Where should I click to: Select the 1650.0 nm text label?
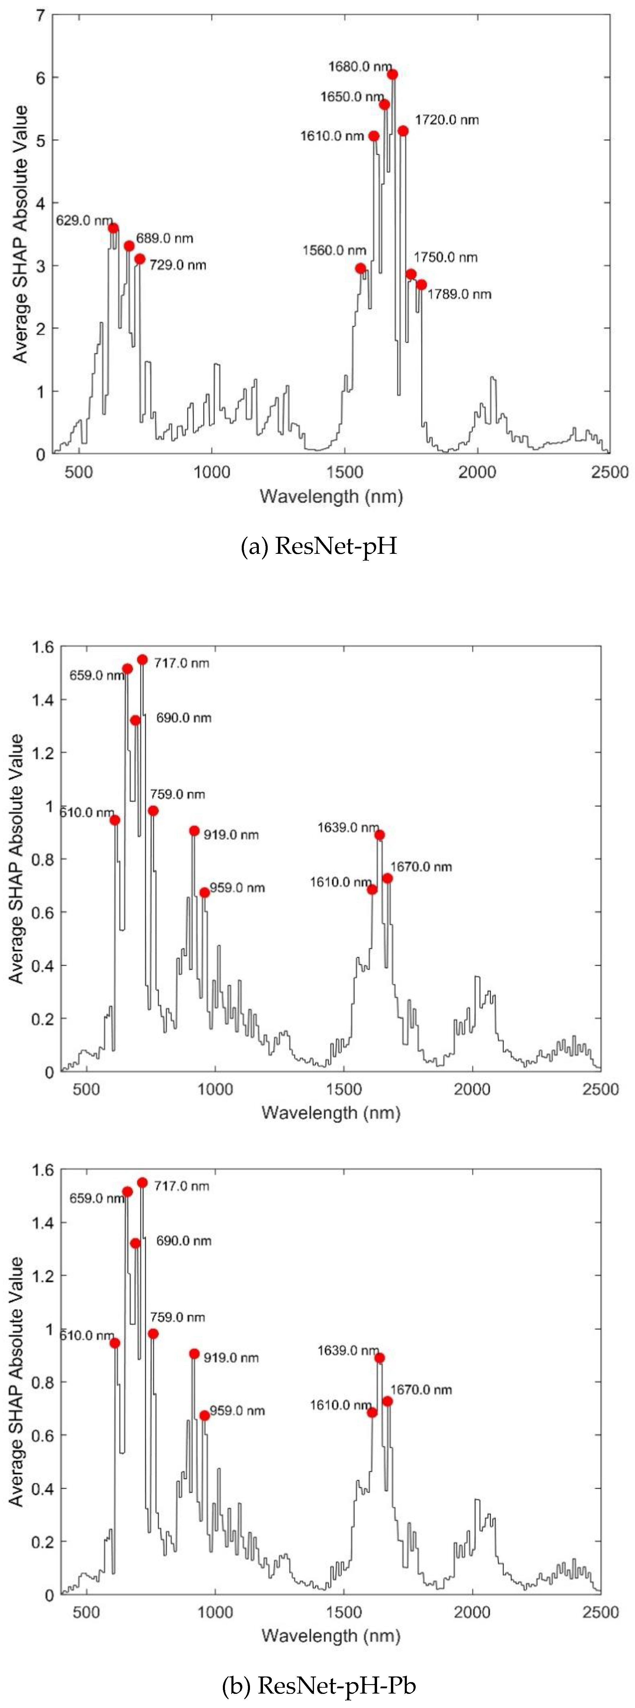click(x=352, y=97)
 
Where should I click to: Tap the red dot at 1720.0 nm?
click(x=403, y=131)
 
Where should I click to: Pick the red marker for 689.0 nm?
click(x=129, y=246)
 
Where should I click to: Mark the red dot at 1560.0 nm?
click(x=360, y=269)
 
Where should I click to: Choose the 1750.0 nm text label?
click(x=445, y=257)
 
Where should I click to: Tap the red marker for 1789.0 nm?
click(x=421, y=284)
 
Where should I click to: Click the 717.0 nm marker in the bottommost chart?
click(x=142, y=1182)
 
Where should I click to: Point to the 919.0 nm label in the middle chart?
click(x=231, y=835)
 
